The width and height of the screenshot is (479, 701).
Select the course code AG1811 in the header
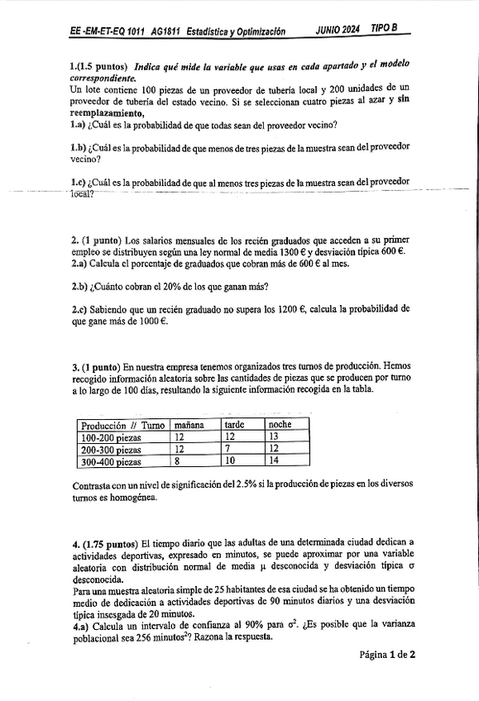[168, 31]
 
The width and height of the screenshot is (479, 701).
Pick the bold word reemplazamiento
[108, 113]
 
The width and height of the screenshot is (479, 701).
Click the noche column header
[280, 424]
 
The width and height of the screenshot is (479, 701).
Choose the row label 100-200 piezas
[111, 436]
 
